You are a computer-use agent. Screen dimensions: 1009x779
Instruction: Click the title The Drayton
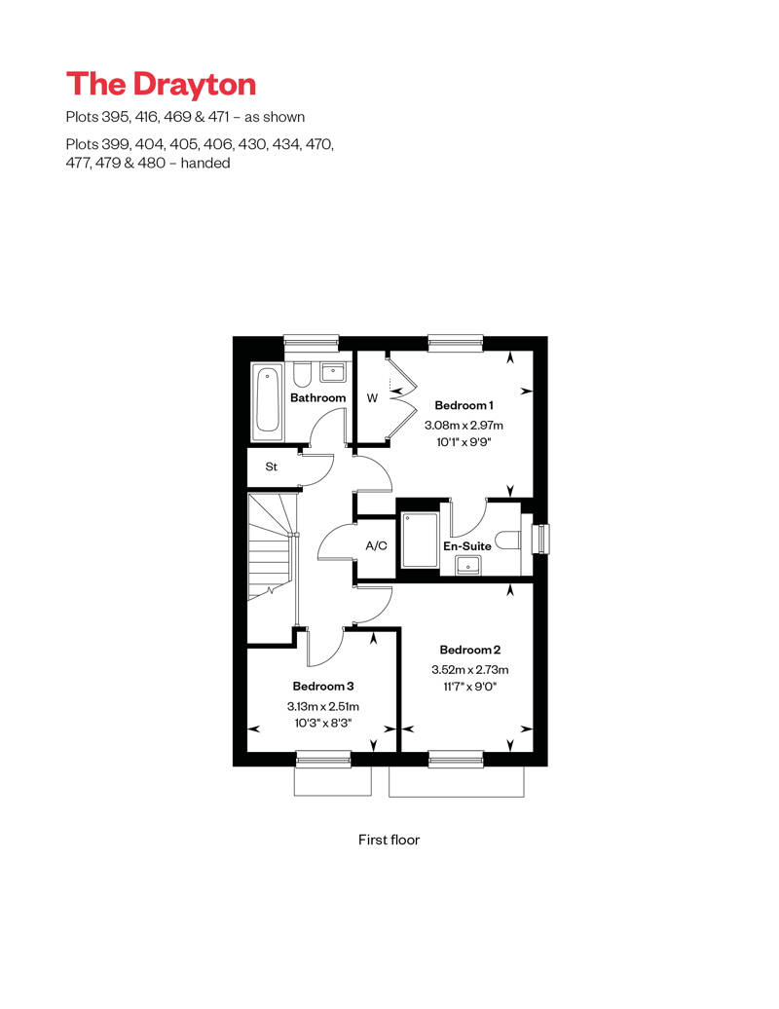pyautogui.click(x=161, y=84)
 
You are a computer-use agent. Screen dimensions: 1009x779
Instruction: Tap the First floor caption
pyautogui.click(x=389, y=839)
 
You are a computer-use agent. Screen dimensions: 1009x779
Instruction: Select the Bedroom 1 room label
pyautogui.click(x=464, y=405)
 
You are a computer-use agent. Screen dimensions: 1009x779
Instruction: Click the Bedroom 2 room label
pyautogui.click(x=470, y=650)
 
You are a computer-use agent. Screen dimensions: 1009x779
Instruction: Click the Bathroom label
pyautogui.click(x=317, y=397)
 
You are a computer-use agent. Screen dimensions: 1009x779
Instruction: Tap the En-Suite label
pyautogui.click(x=467, y=546)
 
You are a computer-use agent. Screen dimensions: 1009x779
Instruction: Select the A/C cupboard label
pyautogui.click(x=376, y=546)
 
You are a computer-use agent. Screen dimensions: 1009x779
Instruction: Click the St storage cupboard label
pyautogui.click(x=272, y=467)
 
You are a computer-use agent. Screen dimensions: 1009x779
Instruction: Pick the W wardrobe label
pyautogui.click(x=372, y=397)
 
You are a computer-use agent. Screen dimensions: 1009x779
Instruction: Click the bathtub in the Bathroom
pyautogui.click(x=267, y=402)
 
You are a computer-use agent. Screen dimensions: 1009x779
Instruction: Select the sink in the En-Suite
pyautogui.click(x=475, y=565)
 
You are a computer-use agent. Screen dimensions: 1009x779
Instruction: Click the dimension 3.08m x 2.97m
pyautogui.click(x=464, y=426)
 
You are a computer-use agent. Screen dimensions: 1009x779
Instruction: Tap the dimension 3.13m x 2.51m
pyautogui.click(x=322, y=706)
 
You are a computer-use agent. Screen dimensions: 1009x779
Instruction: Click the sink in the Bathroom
pyautogui.click(x=334, y=371)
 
